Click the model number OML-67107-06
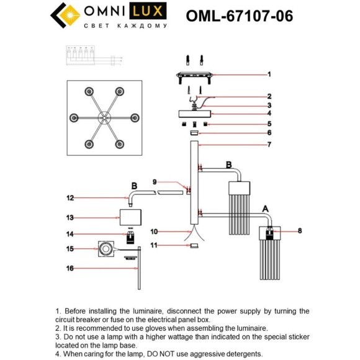[240, 16]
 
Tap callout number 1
[269, 74]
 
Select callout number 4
[269, 114]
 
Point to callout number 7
[269, 145]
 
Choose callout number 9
[154, 181]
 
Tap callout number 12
[70, 198]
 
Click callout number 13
[70, 218]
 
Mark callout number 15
[70, 249]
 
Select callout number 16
[70, 268]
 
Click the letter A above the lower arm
[266, 209]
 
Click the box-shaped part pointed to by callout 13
[130, 218]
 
